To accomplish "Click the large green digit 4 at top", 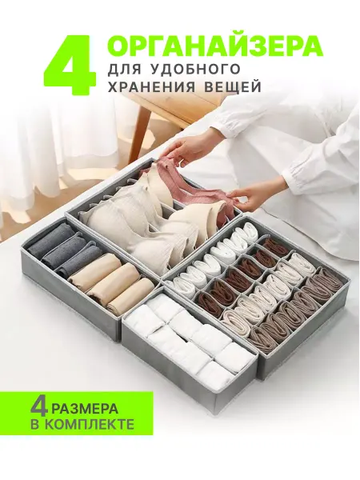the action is [x=69, y=62].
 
